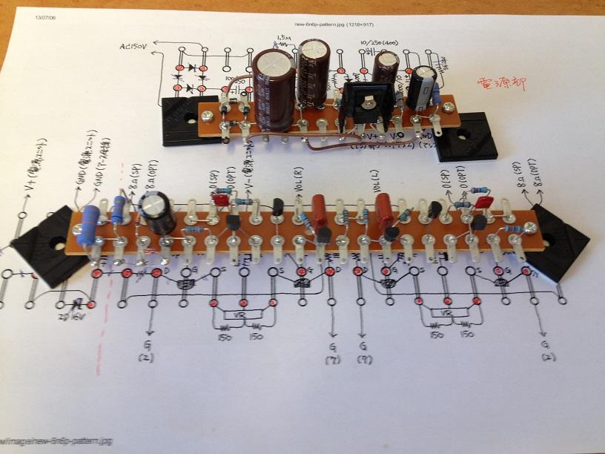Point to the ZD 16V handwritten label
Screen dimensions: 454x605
point(70,315)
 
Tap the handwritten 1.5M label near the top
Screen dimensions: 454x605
point(282,37)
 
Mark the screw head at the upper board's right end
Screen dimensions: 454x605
point(451,108)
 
